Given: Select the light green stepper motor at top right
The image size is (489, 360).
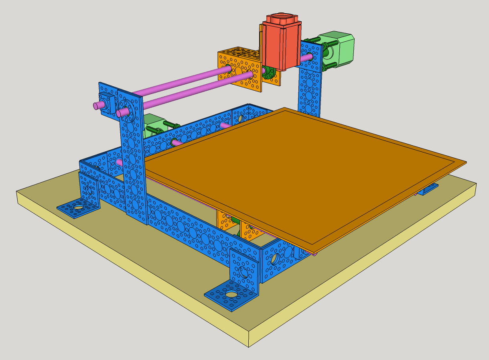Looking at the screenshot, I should [x=339, y=48].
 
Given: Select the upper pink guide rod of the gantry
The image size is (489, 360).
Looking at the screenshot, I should [x=181, y=82].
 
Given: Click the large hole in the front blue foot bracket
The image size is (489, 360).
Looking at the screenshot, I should [x=231, y=295].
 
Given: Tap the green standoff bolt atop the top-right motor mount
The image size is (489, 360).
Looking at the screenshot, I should [x=313, y=40].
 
